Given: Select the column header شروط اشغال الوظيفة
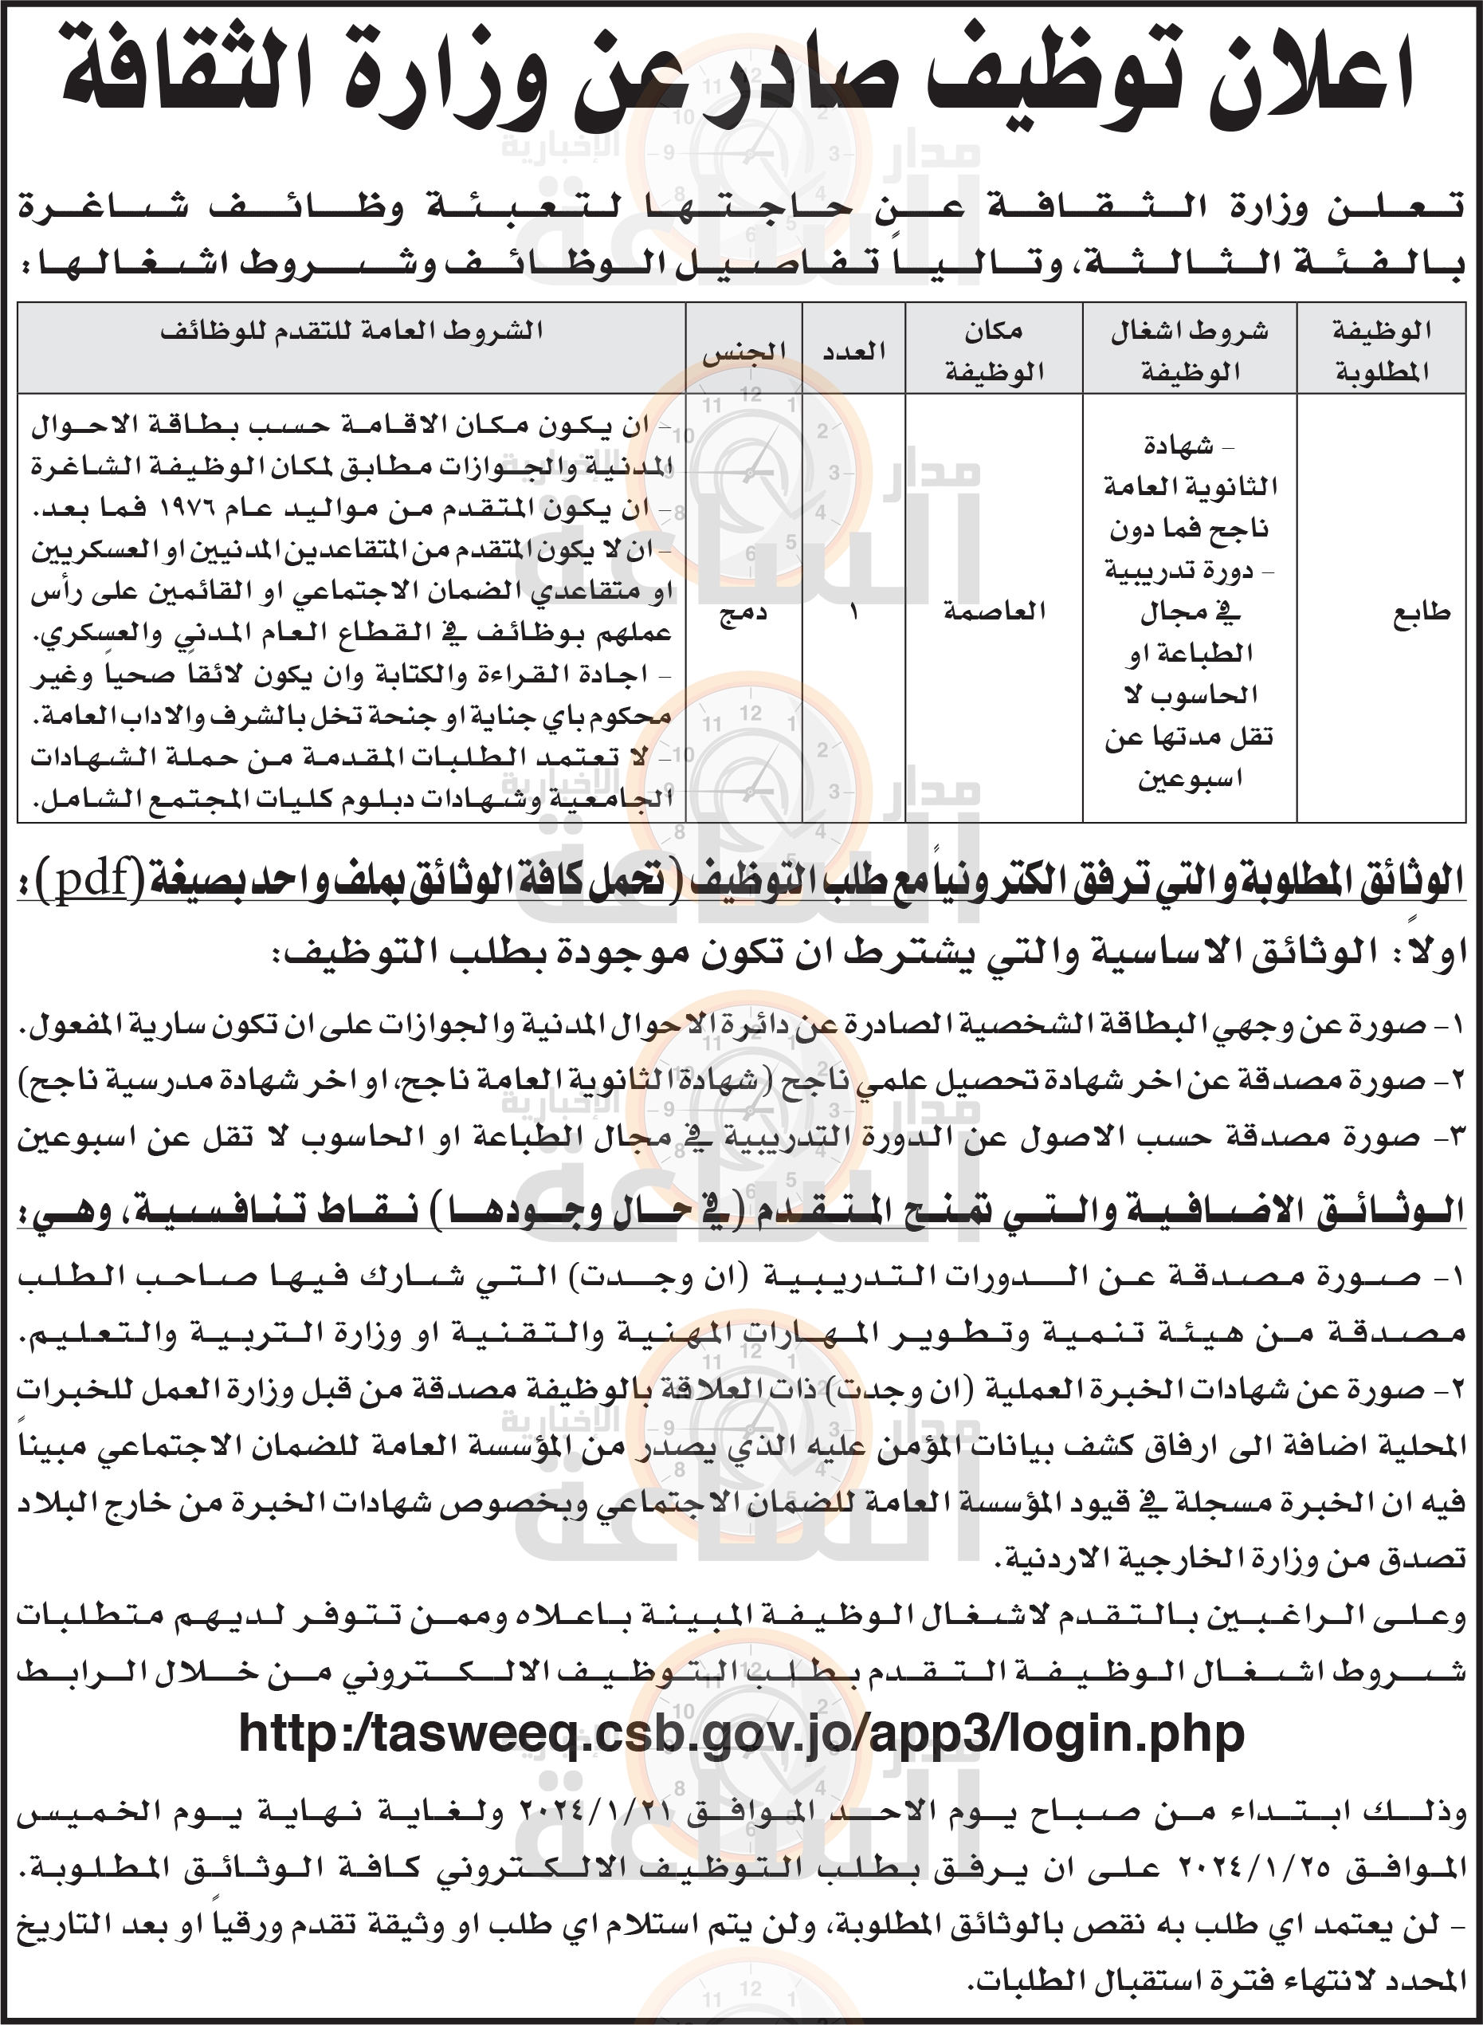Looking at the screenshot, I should coord(1190,350).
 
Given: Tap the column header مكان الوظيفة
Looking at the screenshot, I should coord(994,350).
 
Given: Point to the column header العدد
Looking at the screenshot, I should coord(853,351).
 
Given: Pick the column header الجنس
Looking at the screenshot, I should coord(743,351).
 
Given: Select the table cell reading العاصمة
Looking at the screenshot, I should coord(995,611).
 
